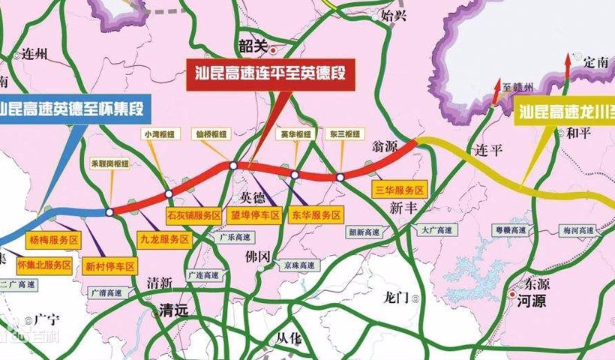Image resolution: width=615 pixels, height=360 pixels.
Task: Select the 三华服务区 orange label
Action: tap(398, 190)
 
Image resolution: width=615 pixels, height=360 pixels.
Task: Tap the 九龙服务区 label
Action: tap(164, 239)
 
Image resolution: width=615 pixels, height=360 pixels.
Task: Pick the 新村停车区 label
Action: tap(109, 265)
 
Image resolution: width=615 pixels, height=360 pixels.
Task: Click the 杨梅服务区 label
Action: tap(53, 240)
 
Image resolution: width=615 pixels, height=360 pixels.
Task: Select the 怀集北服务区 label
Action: tap(44, 265)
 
